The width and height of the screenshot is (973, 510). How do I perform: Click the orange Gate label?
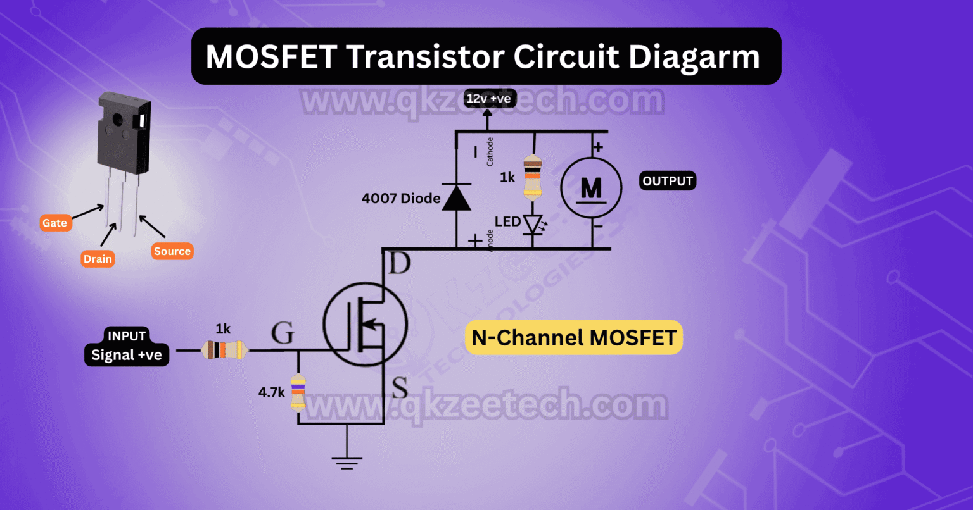click(55, 223)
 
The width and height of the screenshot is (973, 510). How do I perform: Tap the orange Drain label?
click(98, 258)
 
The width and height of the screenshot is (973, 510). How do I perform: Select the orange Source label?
click(172, 251)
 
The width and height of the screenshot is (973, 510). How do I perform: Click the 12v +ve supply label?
click(488, 98)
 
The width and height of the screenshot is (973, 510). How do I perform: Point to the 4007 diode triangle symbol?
click(456, 197)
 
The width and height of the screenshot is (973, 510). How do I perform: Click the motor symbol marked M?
click(591, 187)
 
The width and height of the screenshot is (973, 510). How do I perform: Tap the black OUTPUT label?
click(668, 181)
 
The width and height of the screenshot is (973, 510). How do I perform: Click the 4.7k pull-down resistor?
click(298, 392)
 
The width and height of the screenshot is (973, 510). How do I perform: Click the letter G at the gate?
click(283, 333)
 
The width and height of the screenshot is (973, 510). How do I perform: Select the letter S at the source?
click(400, 388)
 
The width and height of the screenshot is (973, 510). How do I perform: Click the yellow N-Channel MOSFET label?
click(574, 337)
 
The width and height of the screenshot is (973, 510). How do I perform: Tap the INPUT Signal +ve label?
click(127, 346)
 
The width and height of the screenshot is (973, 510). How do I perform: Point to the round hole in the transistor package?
click(118, 118)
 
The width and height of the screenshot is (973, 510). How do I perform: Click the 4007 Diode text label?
click(400, 198)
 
